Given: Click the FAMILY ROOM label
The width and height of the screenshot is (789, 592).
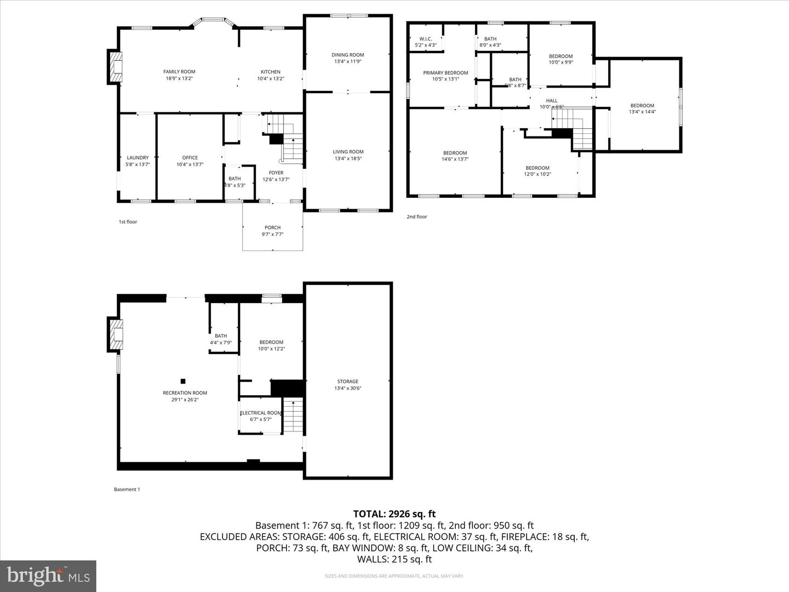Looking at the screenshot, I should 179,72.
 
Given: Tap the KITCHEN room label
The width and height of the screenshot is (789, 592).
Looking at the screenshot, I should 270,72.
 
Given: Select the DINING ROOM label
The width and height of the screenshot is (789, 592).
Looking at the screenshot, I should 348,55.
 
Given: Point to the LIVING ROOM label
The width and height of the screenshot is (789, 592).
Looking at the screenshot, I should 348,152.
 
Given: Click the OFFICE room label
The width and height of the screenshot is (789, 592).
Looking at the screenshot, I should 190,158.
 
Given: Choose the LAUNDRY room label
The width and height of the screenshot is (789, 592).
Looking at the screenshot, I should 138,158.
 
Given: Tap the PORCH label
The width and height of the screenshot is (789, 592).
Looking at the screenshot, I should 272,227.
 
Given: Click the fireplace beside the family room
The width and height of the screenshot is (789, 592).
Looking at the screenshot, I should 116,66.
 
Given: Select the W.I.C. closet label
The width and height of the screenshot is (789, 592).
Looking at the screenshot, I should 426,39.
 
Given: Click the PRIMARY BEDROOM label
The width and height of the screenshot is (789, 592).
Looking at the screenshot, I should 445,73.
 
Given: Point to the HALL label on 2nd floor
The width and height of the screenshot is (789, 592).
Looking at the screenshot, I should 552,100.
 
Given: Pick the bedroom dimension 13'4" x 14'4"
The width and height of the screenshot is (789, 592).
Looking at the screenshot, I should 642,112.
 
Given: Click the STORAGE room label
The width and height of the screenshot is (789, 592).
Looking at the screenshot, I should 348,382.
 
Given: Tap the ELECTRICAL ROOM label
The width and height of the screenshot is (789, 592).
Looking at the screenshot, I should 261,413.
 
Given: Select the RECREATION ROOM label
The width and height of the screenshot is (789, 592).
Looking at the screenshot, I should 185,392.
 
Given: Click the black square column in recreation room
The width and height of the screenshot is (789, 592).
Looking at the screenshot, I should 183,381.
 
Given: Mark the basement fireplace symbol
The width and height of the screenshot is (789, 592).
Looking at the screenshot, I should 116,334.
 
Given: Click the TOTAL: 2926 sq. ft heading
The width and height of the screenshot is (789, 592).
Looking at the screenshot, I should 394,514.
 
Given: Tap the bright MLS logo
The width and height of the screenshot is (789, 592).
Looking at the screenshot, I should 48,576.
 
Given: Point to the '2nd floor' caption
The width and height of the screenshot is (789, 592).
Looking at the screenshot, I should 416,217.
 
